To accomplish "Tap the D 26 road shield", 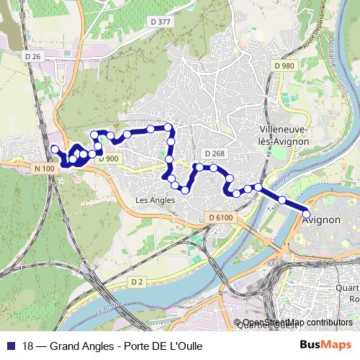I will [x=33, y=56].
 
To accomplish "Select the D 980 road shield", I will [x=285, y=66].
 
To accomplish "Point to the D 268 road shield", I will [x=215, y=153].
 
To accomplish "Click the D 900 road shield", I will [x=108, y=158].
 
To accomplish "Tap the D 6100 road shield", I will [x=221, y=217].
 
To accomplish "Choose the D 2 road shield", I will [x=138, y=280].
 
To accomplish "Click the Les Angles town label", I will [x=156, y=200].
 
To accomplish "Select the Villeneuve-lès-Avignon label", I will [x=284, y=136].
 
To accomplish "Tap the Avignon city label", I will [x=321, y=220].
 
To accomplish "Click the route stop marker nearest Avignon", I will [x=306, y=214].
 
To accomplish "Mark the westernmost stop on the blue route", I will [x=54, y=149].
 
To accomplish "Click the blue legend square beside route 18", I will [x=9, y=346].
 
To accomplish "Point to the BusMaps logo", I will [x=325, y=346].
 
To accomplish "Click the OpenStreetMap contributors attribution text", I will [x=297, y=323].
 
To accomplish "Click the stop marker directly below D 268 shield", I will [x=214, y=168].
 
